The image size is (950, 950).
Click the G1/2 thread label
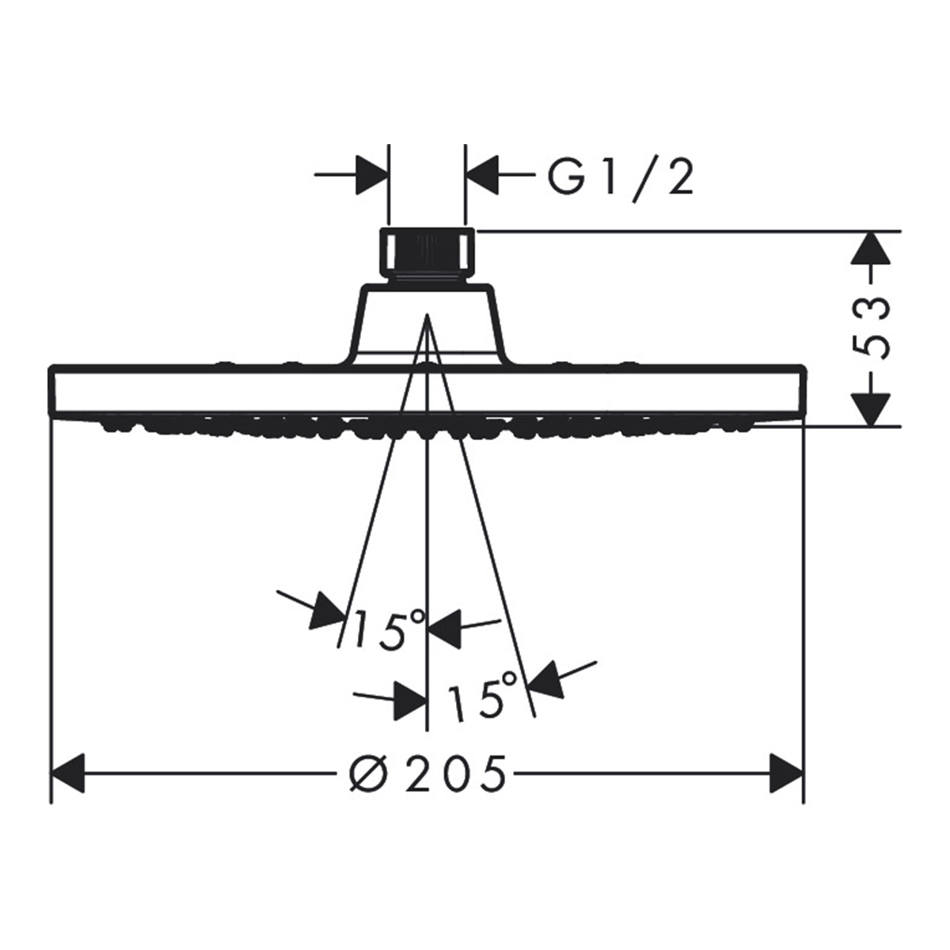621,177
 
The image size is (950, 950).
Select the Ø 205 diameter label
427,773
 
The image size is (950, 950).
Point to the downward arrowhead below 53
871,408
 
